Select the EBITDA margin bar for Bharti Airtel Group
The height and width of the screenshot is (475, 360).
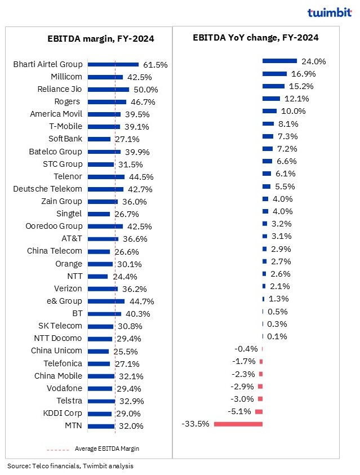pyautogui.click(x=113, y=64)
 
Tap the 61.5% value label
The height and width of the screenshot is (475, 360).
pyautogui.click(x=155, y=65)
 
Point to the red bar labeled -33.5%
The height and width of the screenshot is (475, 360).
pyautogui.click(x=238, y=423)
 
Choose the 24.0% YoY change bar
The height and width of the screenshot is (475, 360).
pyautogui.click(x=279, y=61)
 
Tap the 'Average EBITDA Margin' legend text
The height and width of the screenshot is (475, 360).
pyautogui.click(x=107, y=449)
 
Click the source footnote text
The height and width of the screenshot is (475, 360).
pyautogui.click(x=70, y=466)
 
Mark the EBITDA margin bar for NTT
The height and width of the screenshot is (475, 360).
pyautogui.click(x=98, y=276)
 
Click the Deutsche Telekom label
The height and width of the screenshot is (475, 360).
pyautogui.click(x=48, y=189)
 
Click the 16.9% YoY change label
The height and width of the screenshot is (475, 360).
pyautogui.click(x=303, y=74)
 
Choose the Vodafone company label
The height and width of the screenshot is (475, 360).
pyautogui.click(x=65, y=388)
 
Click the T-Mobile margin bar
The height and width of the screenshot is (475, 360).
pyautogui.click(x=104, y=127)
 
